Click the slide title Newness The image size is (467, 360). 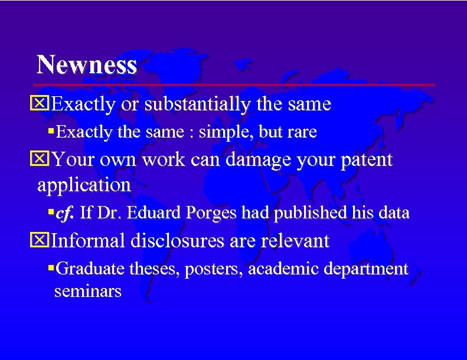pos(86,64)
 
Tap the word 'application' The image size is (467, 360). pos(84,185)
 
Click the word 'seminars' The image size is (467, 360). pos(87,291)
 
